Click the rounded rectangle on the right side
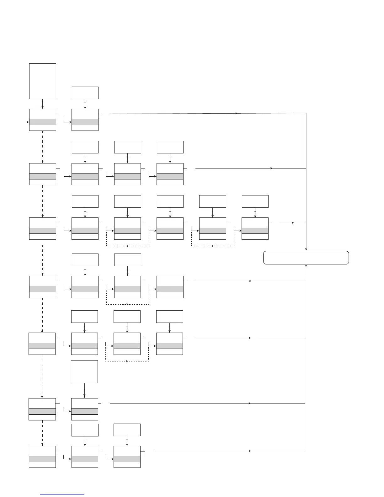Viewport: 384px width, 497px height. tap(306, 258)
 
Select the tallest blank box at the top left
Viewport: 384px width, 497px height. tap(43, 81)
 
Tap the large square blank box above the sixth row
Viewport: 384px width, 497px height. tap(84, 371)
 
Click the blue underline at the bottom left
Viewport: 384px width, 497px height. tap(62, 494)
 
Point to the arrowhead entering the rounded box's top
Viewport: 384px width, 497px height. tap(306, 249)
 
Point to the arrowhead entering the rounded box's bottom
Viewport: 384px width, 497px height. tap(306, 266)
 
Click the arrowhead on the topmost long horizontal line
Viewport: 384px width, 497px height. tap(237, 113)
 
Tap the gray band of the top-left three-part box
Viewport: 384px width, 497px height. tap(43, 122)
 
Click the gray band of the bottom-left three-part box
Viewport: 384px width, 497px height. tap(42, 459)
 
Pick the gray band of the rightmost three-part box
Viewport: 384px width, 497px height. tap(255, 231)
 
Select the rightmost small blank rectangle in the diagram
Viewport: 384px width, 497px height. tap(255, 201)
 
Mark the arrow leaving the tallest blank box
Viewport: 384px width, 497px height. tap(43, 104)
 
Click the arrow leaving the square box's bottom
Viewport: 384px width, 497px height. tap(84, 390)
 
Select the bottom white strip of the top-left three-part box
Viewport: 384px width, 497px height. tap(43, 128)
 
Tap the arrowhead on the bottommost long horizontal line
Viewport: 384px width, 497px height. tap(249, 451)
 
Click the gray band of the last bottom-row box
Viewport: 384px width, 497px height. tap(127, 459)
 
